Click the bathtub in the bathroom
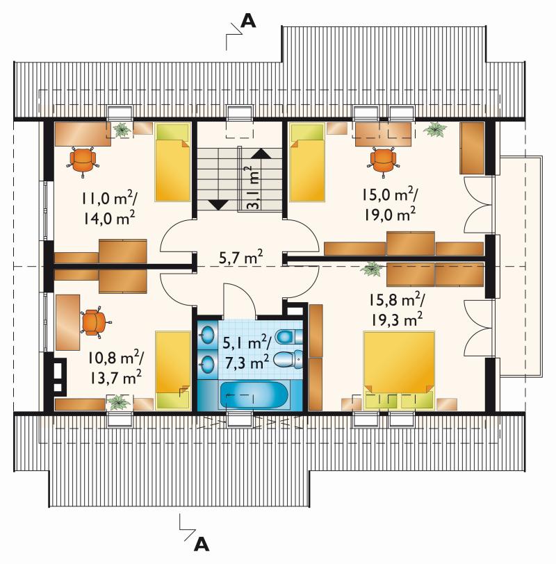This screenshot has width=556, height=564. (x=255, y=395)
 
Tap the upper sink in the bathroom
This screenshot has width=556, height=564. (x=207, y=335)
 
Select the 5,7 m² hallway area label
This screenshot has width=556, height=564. (x=240, y=257)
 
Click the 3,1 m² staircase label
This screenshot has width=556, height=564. (x=254, y=188)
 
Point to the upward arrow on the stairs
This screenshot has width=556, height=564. (x=261, y=154)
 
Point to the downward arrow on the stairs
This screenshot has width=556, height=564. (x=219, y=205)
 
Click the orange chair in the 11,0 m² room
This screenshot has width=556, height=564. (x=83, y=160)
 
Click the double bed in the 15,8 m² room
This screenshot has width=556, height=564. (x=399, y=370)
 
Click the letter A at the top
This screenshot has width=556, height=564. (x=248, y=21)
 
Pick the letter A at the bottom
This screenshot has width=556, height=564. (x=202, y=545)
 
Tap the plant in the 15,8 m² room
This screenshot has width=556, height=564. (x=372, y=269)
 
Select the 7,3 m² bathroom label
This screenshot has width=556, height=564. (x=247, y=363)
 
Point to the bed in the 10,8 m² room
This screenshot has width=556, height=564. (x=173, y=370)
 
